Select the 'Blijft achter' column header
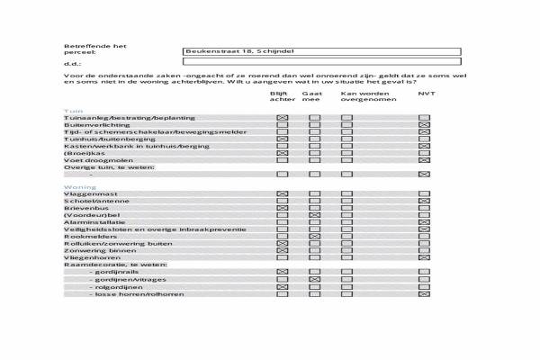pos(283,96)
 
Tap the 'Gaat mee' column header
pos(311,96)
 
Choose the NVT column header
pos(426,93)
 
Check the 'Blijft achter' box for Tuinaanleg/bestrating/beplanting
pos(283,118)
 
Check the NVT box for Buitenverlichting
pos(424,125)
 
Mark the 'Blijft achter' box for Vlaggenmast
pos(283,194)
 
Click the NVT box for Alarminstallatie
pos(424,223)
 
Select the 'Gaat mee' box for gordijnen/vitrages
pos(314,280)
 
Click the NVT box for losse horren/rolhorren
pos(424,294)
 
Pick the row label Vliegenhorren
pos(87,258)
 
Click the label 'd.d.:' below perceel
pos(72,63)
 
